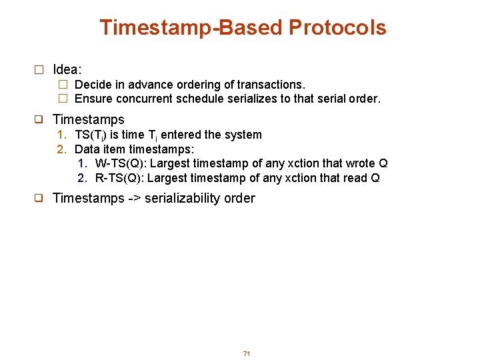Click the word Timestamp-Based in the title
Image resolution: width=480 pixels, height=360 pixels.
[191, 27]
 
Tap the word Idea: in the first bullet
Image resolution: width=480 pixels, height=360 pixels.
[67, 69]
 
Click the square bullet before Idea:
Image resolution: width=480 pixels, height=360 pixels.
[39, 70]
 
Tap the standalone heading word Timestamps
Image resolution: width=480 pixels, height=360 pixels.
[88, 120]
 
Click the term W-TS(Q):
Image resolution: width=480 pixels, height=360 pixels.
[121, 164]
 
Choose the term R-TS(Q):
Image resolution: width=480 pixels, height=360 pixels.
[120, 178]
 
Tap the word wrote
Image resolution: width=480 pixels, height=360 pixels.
[360, 164]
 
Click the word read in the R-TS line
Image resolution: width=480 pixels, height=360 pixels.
[355, 178]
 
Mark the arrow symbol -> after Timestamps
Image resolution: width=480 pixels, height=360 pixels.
[135, 199]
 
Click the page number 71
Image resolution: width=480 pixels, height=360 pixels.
[247, 353]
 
